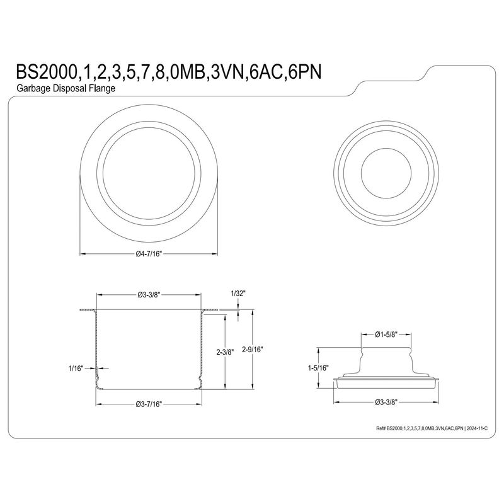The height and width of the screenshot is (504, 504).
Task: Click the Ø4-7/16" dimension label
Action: pos(149,254)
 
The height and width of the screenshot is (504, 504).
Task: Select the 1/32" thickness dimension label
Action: pos(238,293)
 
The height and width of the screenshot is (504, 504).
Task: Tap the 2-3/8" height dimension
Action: pos(225,352)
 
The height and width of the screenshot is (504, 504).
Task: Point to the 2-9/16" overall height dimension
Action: pos(253,350)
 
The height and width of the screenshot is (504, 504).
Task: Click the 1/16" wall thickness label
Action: pos(76,369)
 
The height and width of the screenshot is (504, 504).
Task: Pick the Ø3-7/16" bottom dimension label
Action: pos(149,404)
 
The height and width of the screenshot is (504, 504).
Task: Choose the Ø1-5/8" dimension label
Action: pos(386,335)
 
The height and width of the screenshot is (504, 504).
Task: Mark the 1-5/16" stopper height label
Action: pos(318,368)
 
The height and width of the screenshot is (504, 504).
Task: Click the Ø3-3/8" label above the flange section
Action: pos(149,294)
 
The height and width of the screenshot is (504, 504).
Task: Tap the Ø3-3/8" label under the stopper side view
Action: pos(386,402)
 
